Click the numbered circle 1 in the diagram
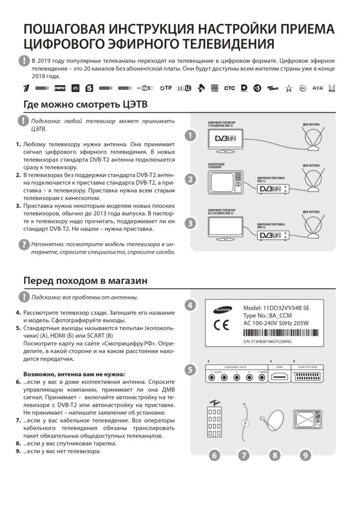189,135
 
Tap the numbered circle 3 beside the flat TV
189,223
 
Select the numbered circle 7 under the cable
244,455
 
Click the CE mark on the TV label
221,326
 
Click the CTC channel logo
229,88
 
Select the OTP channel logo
166,88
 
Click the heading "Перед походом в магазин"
86,281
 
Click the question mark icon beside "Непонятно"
23,245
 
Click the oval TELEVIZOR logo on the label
221,309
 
